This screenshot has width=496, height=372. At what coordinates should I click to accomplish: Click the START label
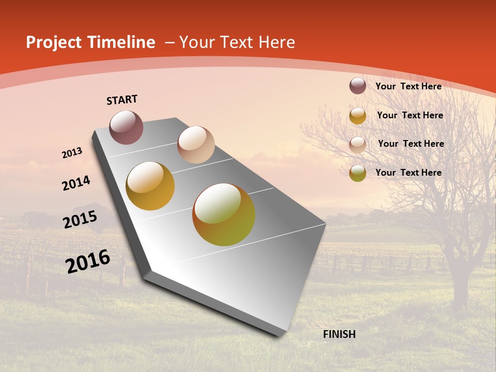[122, 100]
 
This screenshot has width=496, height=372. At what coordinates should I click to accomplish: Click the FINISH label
[339, 334]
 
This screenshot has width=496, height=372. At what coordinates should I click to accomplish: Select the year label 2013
[72, 153]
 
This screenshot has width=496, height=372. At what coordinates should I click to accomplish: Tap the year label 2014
[76, 183]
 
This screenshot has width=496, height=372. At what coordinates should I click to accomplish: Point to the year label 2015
[80, 220]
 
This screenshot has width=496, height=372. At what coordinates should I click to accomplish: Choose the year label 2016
[88, 261]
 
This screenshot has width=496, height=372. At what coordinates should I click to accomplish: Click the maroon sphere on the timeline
[126, 127]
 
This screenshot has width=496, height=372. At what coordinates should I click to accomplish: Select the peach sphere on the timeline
[196, 145]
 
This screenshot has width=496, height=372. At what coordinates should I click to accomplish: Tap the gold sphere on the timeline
[150, 186]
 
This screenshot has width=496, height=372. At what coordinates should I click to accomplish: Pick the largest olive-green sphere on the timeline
[224, 214]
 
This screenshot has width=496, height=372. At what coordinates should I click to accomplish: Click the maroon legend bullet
[358, 86]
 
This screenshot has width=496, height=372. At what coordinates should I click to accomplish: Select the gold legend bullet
[358, 116]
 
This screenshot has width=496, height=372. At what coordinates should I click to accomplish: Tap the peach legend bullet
[358, 145]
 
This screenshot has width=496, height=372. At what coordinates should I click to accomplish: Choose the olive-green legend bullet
[358, 173]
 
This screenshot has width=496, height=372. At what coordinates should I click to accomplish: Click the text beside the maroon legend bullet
[408, 86]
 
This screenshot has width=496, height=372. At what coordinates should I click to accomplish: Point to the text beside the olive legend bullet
[408, 173]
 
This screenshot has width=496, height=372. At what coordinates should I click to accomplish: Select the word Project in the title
[54, 42]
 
